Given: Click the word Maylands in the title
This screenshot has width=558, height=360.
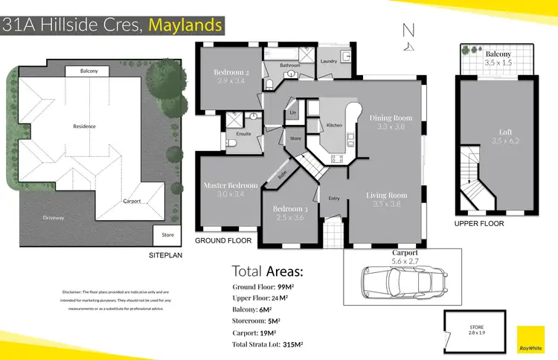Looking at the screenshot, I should point(185,25).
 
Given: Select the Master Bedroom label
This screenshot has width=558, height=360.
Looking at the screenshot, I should point(230,184).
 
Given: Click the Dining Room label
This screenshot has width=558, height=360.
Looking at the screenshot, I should point(391,118).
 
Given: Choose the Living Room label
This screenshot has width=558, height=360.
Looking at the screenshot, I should point(387,196).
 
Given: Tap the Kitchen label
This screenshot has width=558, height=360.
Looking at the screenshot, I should point(335,125).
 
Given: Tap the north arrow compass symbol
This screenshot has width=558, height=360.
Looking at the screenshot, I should point(407,36).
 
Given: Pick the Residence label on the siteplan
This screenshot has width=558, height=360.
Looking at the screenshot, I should point(84,126).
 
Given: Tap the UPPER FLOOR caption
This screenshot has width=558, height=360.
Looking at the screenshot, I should point(479,223).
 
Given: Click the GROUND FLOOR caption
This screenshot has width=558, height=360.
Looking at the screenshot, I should point(223,241).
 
